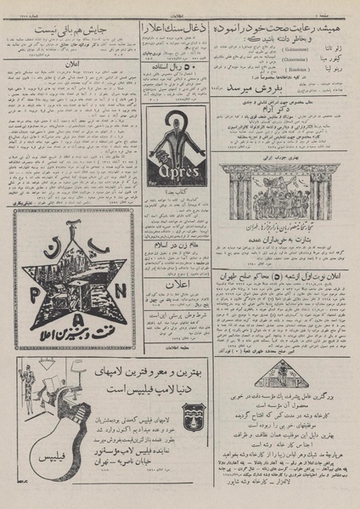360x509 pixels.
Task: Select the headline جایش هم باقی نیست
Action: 70,31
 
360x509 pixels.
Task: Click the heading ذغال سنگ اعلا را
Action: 177,27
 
